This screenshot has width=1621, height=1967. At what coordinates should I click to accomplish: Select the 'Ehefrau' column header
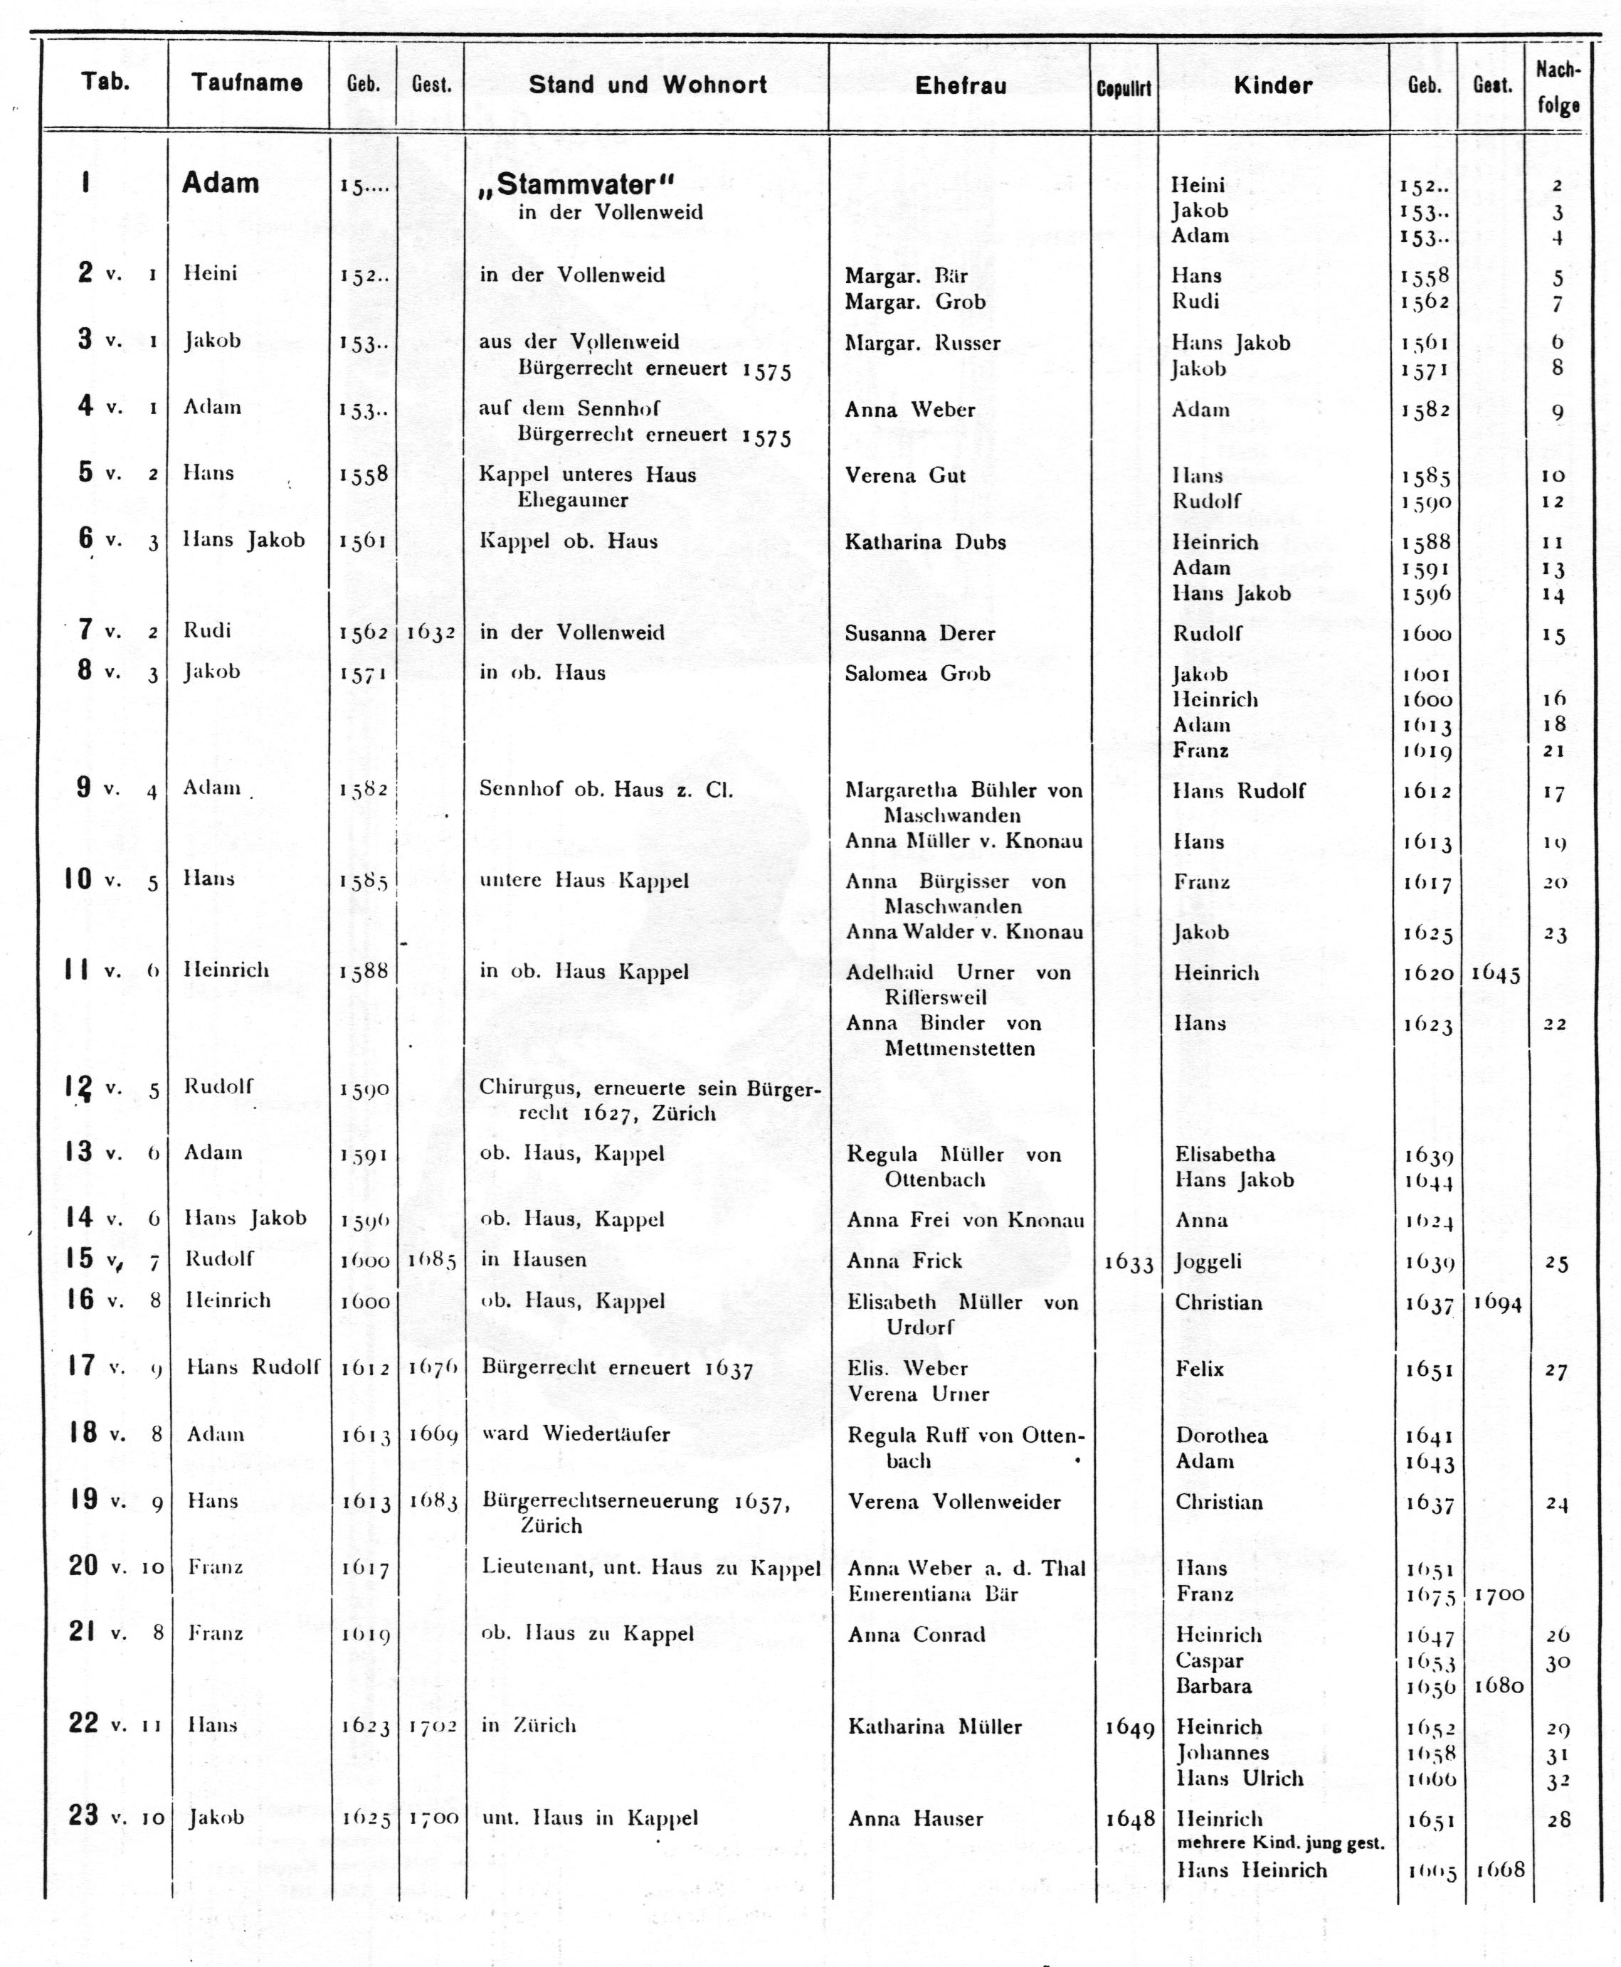coord(960,86)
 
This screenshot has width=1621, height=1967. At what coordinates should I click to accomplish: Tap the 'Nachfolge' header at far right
coord(1558,87)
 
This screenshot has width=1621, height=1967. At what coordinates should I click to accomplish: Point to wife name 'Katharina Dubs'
coord(924,542)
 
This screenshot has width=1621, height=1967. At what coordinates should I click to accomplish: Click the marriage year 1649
coord(1129,1728)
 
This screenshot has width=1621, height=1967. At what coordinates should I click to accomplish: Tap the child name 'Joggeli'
coord(1208,1262)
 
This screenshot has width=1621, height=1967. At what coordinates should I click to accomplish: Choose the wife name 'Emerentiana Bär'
coord(919,1594)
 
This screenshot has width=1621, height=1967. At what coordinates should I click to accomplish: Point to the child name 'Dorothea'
coord(1220,1436)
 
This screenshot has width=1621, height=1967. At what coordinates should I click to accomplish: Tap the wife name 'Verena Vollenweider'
coord(954,1502)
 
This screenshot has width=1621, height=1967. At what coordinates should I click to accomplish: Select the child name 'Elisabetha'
coord(1224,1154)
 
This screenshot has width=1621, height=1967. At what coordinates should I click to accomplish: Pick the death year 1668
coord(1499,1869)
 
